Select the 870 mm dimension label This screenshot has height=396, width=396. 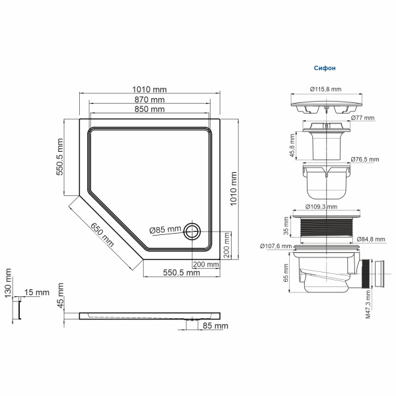[x=149, y=100]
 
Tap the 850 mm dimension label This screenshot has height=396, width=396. [x=149, y=109]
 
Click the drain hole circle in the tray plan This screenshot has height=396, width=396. [x=193, y=230]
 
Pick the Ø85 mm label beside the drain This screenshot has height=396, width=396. [x=165, y=230]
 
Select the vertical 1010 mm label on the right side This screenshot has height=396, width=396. [x=233, y=188]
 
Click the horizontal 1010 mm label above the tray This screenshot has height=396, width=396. [x=149, y=89]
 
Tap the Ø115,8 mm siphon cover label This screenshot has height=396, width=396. [x=325, y=89]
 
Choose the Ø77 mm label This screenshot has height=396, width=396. [x=362, y=118]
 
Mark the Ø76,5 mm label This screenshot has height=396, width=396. [x=365, y=159]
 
